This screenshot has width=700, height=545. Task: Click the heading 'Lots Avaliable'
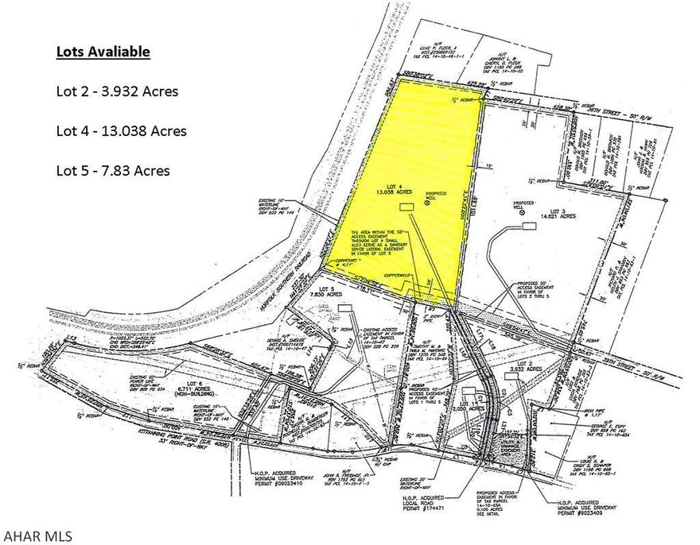coord(103,52)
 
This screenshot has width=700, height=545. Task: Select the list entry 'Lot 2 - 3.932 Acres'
coord(117,91)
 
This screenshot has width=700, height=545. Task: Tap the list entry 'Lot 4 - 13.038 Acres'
coord(122,130)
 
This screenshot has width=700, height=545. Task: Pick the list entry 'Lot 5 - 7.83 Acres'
coord(113,170)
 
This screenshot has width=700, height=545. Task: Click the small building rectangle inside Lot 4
coord(407,207)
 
